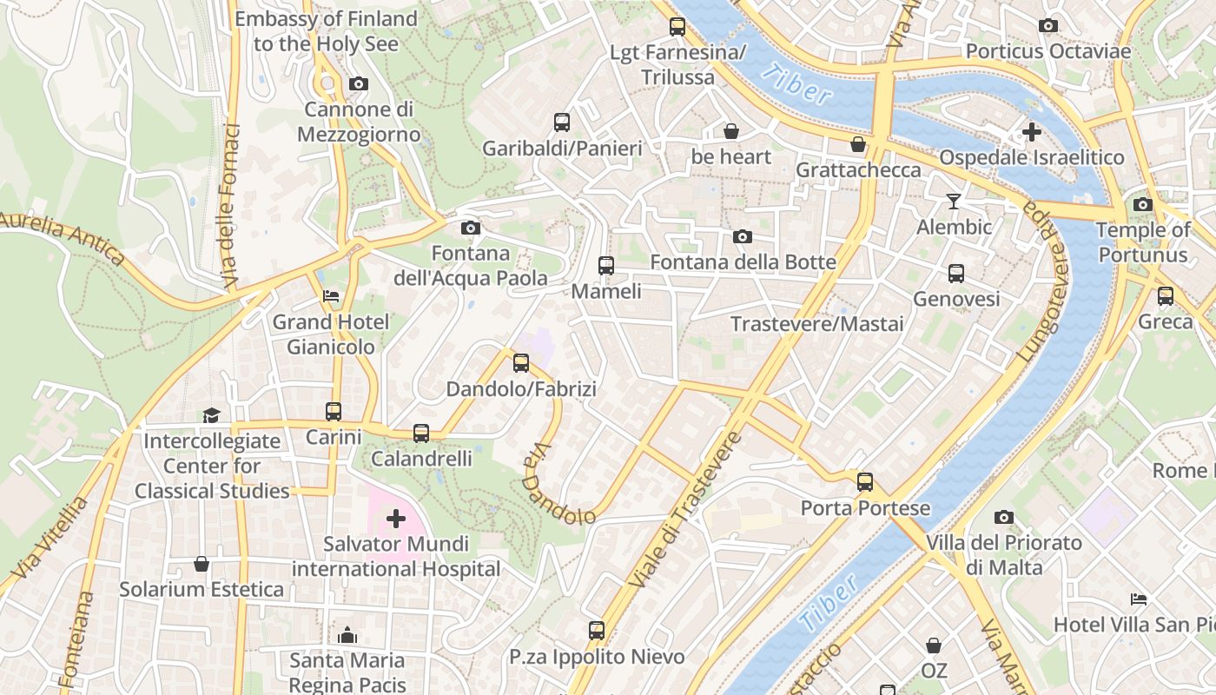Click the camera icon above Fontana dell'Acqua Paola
click(471, 228)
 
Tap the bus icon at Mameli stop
click(606, 266)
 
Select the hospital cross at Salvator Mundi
click(396, 519)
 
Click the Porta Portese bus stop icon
click(865, 482)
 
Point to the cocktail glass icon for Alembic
click(954, 202)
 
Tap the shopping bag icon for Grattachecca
click(858, 144)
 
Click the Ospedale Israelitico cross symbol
click(1032, 132)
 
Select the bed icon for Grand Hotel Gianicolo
click(331, 296)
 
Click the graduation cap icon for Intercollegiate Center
click(211, 415)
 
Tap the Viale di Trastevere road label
click(685, 510)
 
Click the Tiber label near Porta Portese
click(830, 602)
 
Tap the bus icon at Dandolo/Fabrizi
click(521, 363)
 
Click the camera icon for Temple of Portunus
click(1143, 205)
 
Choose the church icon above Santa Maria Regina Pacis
click(347, 635)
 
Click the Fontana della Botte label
click(743, 261)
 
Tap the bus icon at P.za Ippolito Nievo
click(597, 631)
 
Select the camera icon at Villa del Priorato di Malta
click(1004, 518)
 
